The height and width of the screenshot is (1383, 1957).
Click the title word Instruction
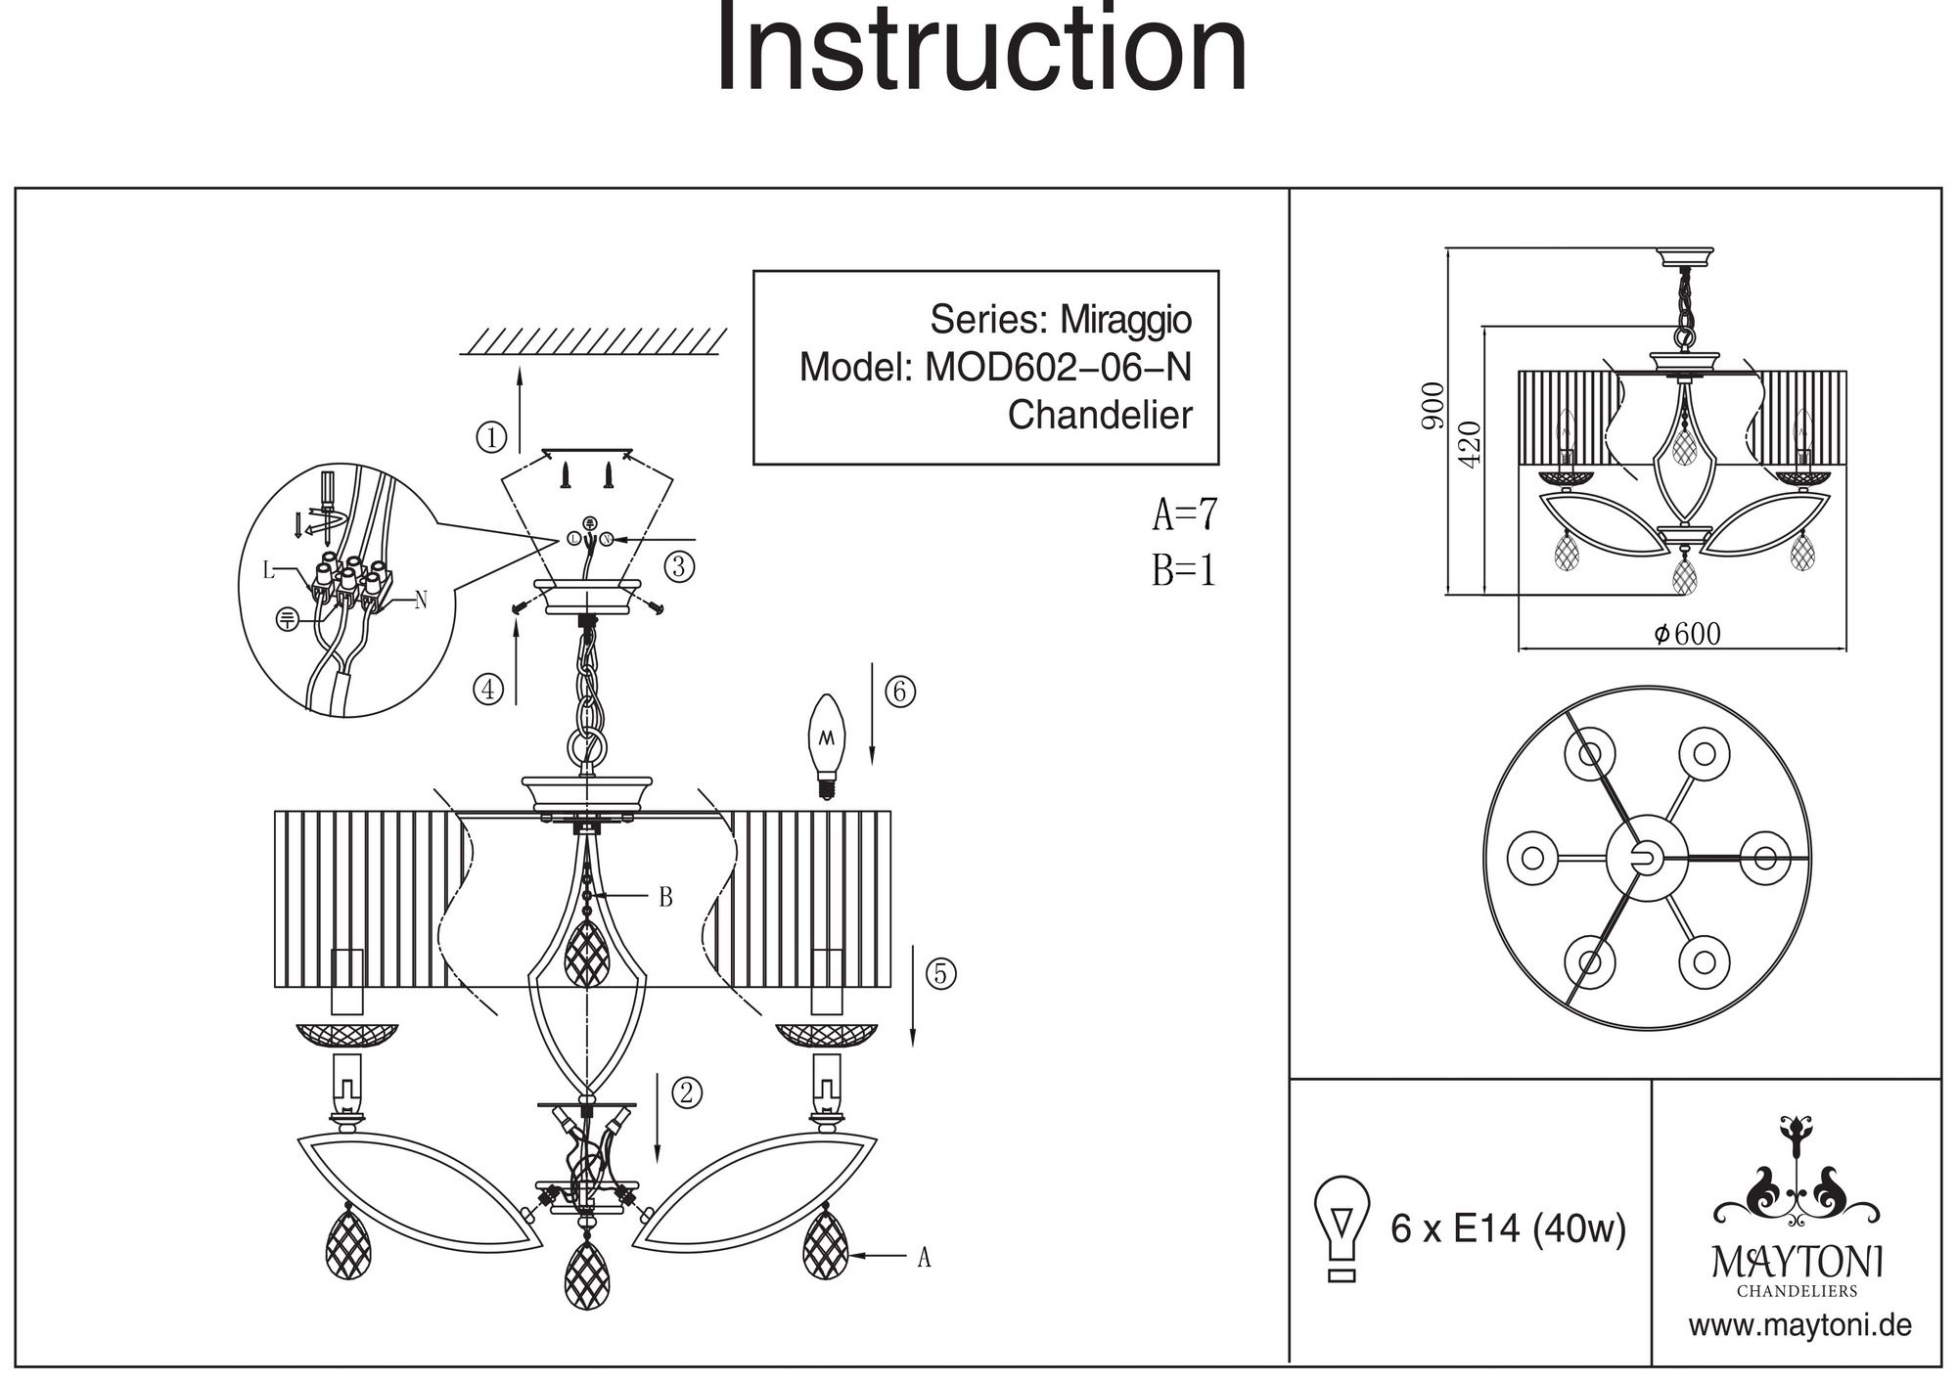click(981, 49)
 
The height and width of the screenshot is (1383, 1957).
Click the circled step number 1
click(491, 436)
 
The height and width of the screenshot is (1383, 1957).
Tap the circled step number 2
click(686, 1093)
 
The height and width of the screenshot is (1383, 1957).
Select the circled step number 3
click(679, 565)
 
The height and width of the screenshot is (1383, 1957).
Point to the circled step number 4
click(488, 690)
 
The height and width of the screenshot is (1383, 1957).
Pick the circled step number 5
click(940, 974)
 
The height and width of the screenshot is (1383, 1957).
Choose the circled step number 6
click(900, 691)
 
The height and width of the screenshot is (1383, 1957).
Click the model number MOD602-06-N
click(1059, 368)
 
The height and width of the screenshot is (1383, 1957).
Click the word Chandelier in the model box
click(1100, 415)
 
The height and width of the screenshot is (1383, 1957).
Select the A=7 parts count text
click(1185, 514)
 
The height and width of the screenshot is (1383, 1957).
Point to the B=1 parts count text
click(1183, 570)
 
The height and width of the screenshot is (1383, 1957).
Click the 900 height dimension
click(1434, 405)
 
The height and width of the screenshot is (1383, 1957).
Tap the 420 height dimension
click(1470, 443)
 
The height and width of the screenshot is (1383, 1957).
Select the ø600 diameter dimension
click(1687, 634)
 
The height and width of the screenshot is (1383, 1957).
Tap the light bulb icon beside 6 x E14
click(1343, 1227)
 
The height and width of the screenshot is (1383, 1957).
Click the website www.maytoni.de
click(1799, 1326)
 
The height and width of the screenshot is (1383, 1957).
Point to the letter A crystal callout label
click(923, 1258)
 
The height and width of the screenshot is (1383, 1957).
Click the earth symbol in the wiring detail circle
click(287, 618)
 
